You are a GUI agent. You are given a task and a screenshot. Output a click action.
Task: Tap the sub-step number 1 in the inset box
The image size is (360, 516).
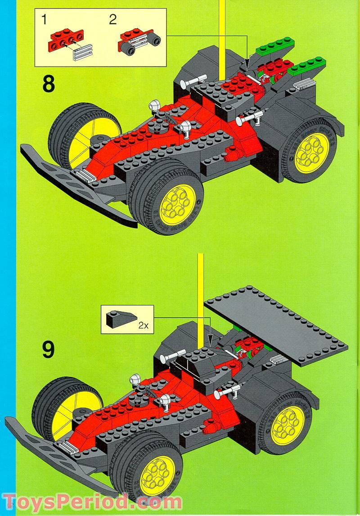tap(44, 19)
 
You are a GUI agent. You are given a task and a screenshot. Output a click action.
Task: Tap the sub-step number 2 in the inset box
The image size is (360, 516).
tap(112, 19)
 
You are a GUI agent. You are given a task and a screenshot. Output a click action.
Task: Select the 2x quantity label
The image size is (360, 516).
tap(143, 325)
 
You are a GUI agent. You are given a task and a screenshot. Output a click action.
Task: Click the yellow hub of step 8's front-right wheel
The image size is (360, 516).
tap(177, 203)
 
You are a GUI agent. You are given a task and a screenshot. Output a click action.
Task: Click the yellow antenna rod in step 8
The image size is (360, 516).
tap(222, 36)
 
